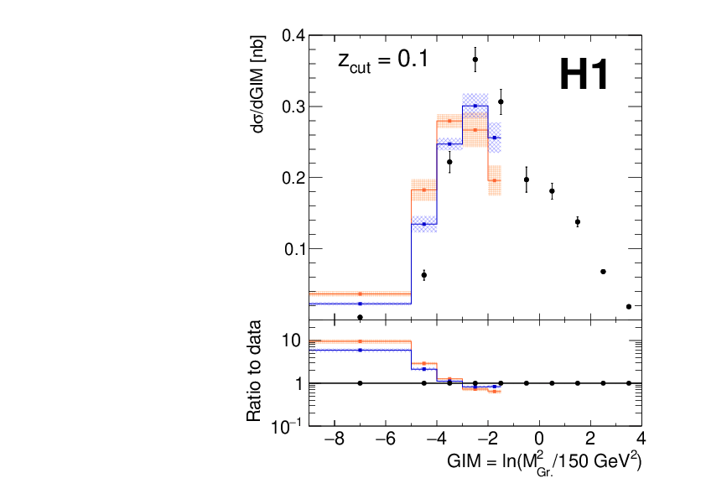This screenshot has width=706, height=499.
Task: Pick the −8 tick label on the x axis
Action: pos(335,439)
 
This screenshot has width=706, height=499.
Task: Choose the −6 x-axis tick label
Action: pos(386,439)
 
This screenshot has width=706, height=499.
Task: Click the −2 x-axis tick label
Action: pos(488,439)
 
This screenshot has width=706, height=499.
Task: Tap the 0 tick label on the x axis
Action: pos(539,439)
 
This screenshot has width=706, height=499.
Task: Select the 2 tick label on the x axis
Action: pos(590,439)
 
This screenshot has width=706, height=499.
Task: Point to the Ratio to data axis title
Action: pos(254,371)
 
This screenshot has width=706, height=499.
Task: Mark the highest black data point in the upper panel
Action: pos(475,60)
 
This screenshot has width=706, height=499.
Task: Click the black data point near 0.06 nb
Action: pos(424,275)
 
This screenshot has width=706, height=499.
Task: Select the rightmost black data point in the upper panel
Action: pos(629,307)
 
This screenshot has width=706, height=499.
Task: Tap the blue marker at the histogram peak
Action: pos(475,106)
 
